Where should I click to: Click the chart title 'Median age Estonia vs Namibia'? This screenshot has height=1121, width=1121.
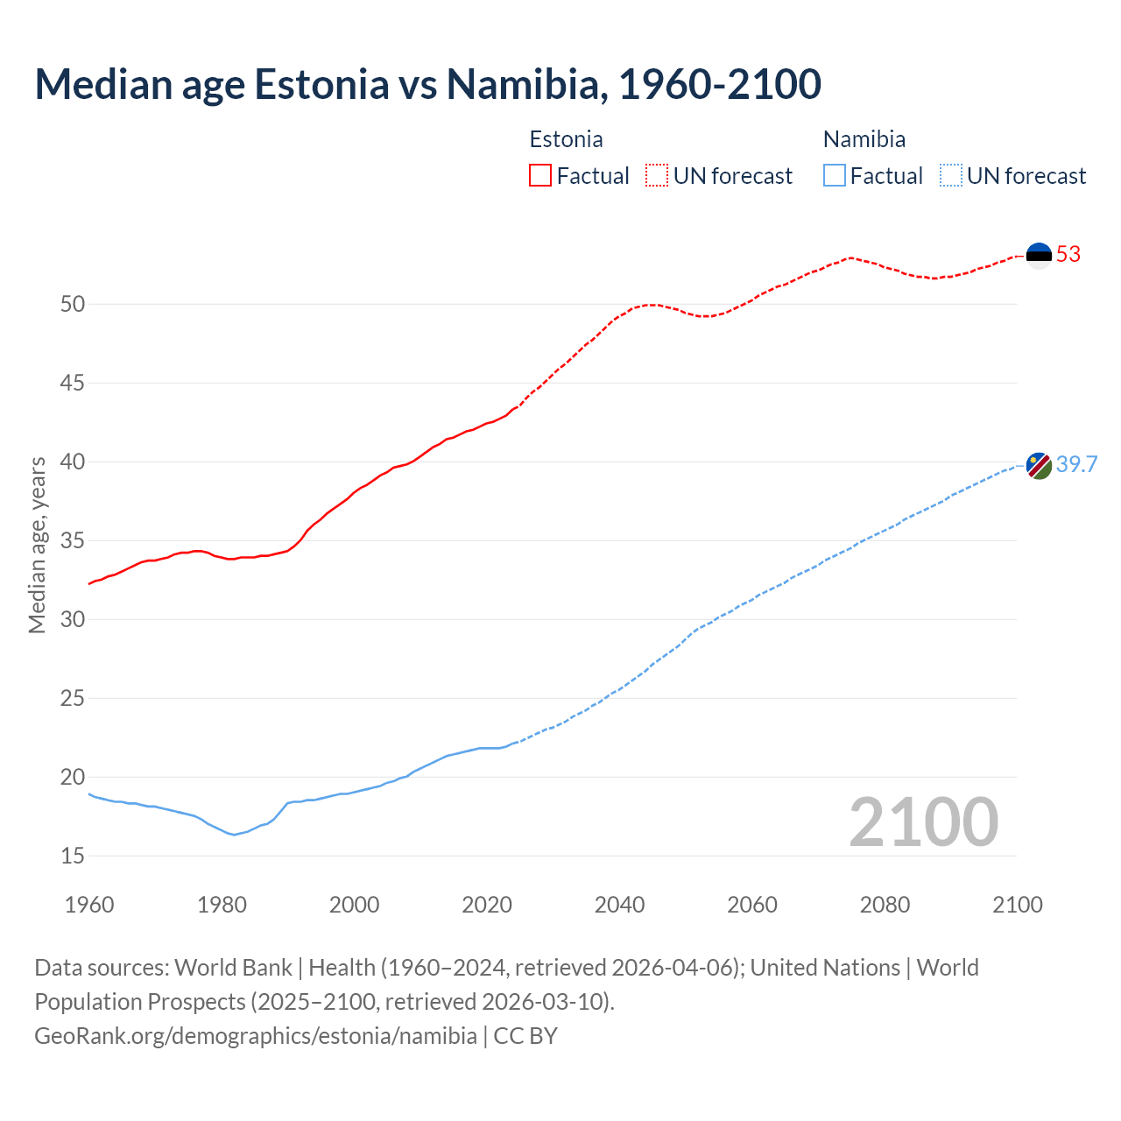coord(427,84)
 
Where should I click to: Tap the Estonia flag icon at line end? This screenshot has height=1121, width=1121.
coord(1039,255)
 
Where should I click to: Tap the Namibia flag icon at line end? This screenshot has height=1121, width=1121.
coord(1039,465)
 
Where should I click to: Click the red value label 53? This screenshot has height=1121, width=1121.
coord(1068,255)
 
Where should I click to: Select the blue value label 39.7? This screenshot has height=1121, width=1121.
coord(1076,465)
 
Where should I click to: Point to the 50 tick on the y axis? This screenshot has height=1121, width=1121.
coord(73,305)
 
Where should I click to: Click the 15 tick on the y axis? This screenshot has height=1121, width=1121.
coord(73,857)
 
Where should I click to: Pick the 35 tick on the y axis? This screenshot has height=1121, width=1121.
coord(73,541)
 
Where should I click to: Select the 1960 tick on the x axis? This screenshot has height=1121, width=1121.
coord(89,905)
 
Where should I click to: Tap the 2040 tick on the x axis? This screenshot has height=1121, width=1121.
coord(619,905)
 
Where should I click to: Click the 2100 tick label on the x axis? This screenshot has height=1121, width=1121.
coord(1017,905)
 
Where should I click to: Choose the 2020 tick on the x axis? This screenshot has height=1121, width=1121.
coord(487,905)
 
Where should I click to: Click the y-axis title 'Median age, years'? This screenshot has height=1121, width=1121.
coord(37,545)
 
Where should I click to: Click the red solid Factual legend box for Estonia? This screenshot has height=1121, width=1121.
coord(540,176)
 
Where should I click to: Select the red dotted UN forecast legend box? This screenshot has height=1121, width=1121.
coord(657,176)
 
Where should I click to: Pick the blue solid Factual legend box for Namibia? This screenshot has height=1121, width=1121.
coord(835,176)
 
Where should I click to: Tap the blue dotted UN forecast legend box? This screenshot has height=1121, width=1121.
coord(950,176)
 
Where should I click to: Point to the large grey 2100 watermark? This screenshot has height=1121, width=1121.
coord(923,822)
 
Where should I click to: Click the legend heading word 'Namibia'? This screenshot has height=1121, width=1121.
coord(864,139)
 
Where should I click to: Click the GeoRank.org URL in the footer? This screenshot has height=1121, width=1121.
coord(256,1036)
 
